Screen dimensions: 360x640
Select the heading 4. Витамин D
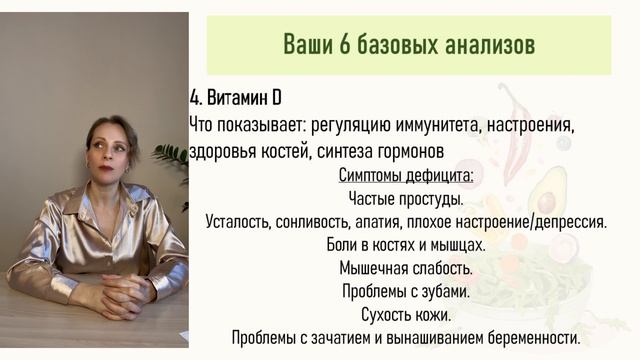[234, 100]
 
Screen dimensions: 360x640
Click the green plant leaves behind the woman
[172, 160]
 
